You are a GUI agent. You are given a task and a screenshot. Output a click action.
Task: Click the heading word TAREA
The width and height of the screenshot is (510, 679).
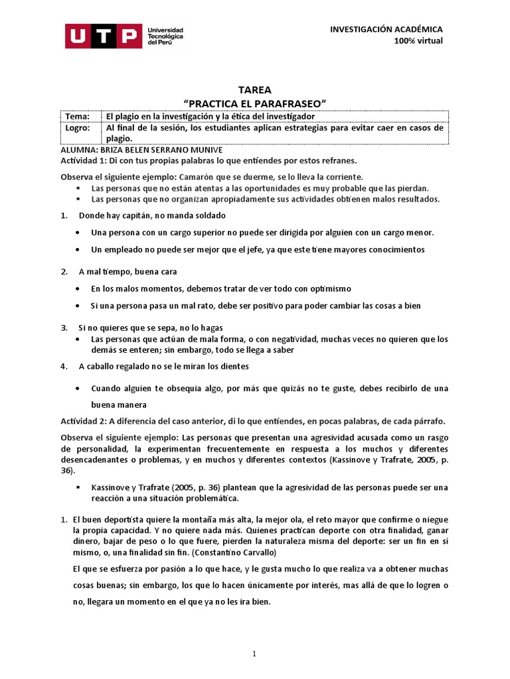pyautogui.click(x=254, y=90)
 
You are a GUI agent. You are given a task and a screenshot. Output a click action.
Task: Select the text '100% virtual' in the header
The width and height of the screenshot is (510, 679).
pyautogui.click(x=418, y=41)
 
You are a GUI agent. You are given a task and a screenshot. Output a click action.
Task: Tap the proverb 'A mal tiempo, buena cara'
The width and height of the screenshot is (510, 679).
pyautogui.click(x=127, y=272)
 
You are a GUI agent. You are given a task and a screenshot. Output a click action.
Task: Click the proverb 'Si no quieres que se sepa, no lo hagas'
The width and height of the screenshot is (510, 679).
pyautogui.click(x=150, y=328)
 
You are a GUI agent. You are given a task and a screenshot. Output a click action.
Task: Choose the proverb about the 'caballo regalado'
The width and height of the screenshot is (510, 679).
pyautogui.click(x=164, y=365)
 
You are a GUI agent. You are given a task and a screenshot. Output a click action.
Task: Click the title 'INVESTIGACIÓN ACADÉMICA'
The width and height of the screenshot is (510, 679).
pyautogui.click(x=386, y=29)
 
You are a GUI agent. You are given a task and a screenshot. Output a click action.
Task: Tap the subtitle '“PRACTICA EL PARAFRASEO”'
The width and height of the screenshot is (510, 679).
pyautogui.click(x=255, y=103)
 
